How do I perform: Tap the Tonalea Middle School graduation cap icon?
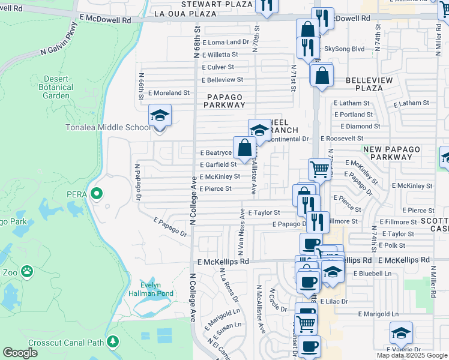click(x=160, y=115)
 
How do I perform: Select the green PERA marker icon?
click(x=96, y=194)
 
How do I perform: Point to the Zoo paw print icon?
click(x=27, y=272)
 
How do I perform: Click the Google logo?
click(x=20, y=353)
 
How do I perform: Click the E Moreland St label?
click(x=169, y=93)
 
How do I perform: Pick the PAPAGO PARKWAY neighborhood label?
click(x=225, y=101)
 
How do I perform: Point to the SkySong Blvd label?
click(x=345, y=49)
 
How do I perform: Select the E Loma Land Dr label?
click(x=225, y=43)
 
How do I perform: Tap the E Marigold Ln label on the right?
click(x=378, y=314)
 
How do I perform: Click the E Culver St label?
click(x=218, y=67)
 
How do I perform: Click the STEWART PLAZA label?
click(x=208, y=4)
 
